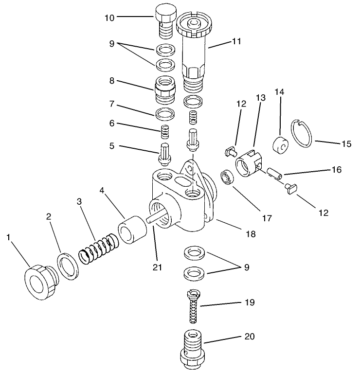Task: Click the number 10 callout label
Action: pyautogui.click(x=109, y=18)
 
